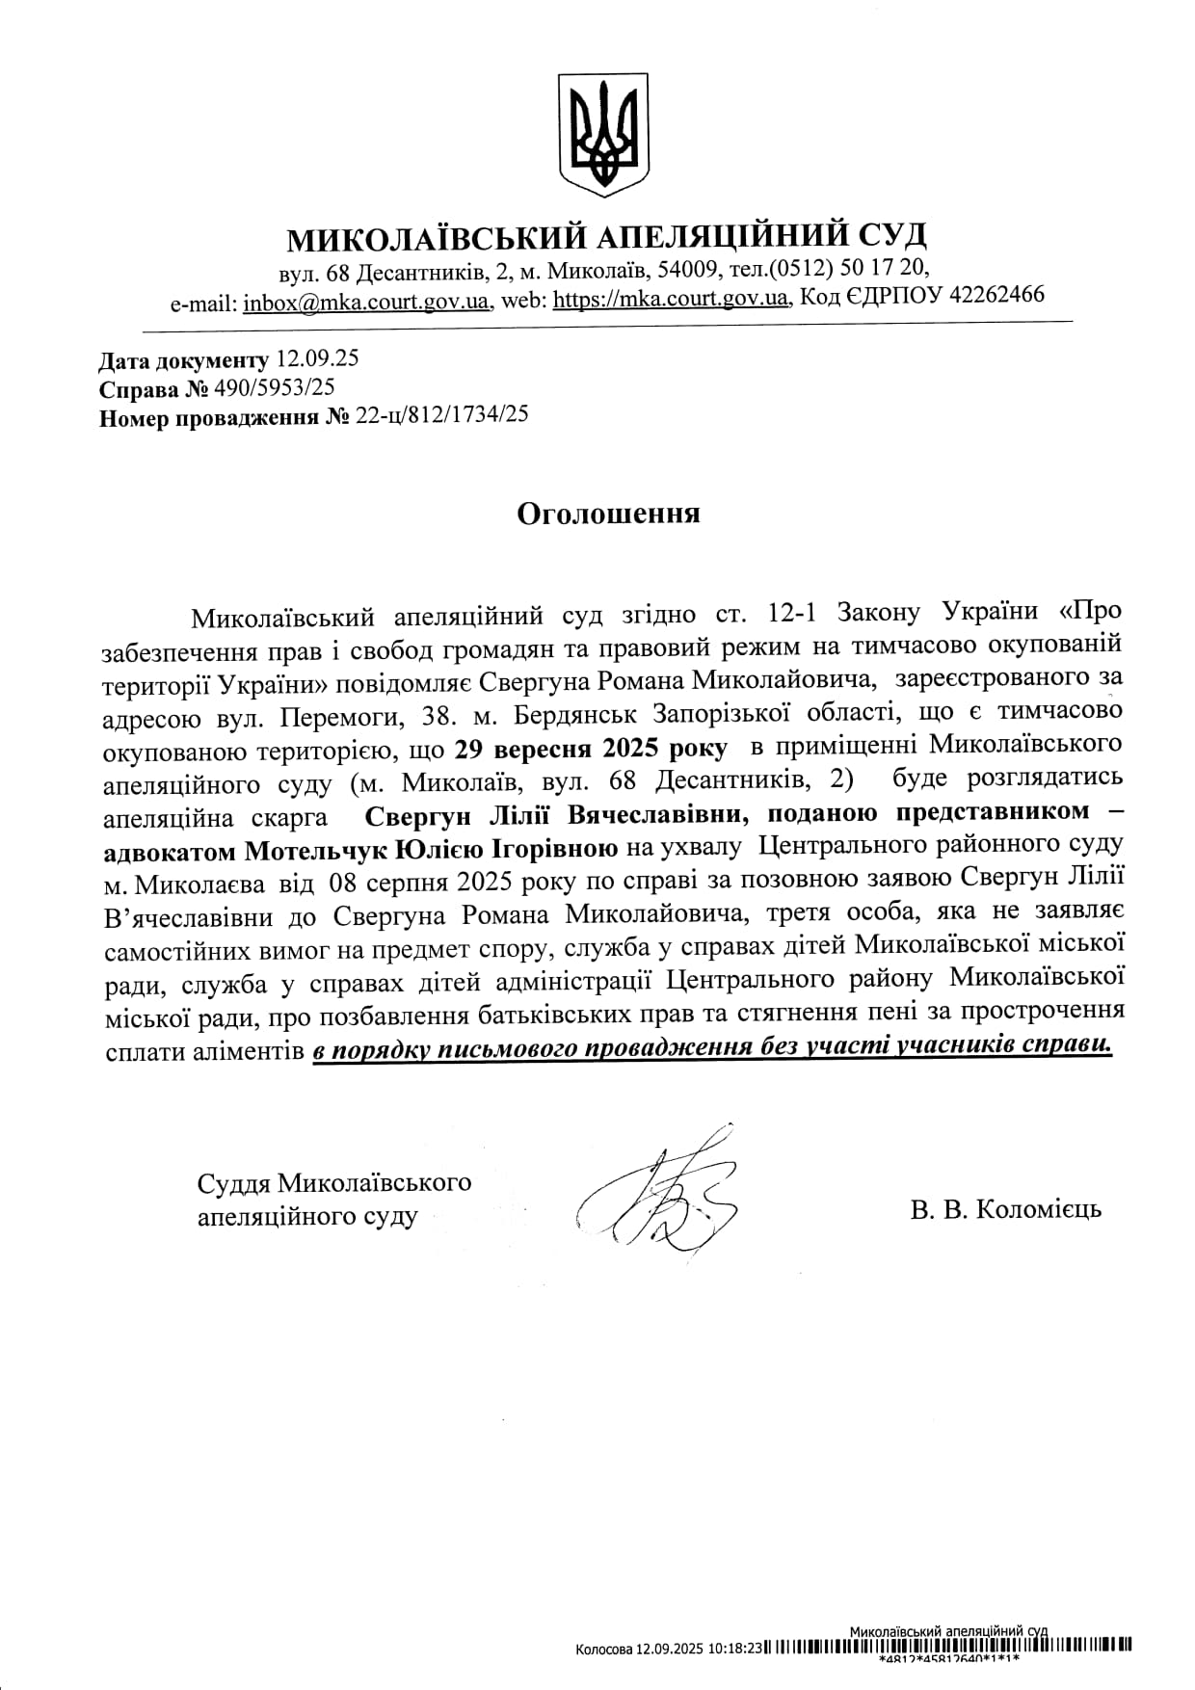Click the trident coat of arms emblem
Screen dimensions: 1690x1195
pyautogui.click(x=604, y=133)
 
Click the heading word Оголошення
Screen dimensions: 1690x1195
pyautogui.click(x=608, y=514)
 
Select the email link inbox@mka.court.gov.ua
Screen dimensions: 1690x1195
pyautogui.click(x=366, y=302)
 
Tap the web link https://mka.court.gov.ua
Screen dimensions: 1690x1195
pyautogui.click(x=671, y=300)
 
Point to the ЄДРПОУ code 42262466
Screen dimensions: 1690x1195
pyautogui.click(x=996, y=295)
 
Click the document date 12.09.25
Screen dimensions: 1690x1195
pyautogui.click(x=317, y=359)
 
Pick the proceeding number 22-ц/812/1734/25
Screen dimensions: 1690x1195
pyautogui.click(x=441, y=415)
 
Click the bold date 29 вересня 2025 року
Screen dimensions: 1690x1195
pyautogui.click(x=591, y=748)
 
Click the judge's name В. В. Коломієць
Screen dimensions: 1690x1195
pyautogui.click(x=1005, y=1209)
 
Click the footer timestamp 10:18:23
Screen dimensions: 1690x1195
pyautogui.click(x=735, y=1649)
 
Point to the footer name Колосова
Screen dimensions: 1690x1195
pyautogui.click(x=603, y=1649)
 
